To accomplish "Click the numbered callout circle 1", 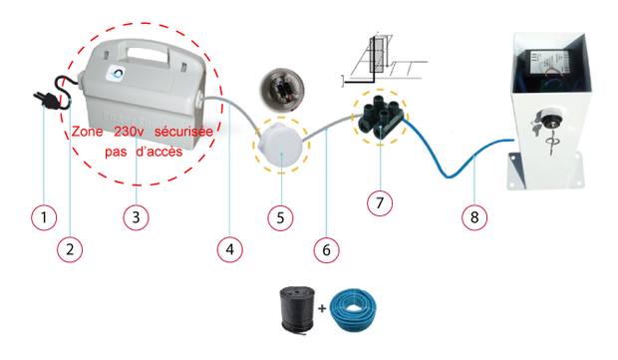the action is click(x=44, y=217).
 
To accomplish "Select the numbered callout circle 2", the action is click(x=70, y=249).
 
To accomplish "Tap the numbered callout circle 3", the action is click(x=136, y=217).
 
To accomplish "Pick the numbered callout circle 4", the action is click(x=230, y=249).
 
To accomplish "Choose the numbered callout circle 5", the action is click(x=280, y=217).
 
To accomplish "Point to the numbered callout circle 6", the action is click(x=326, y=250).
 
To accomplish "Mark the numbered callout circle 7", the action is click(x=380, y=203).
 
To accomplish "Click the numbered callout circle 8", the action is click(x=474, y=217).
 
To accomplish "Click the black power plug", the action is click(x=46, y=100).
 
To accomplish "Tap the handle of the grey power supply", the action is click(x=146, y=54).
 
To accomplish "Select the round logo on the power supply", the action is click(x=117, y=74).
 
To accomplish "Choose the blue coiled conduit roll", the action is click(x=353, y=310).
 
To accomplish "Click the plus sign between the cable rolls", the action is click(x=322, y=308).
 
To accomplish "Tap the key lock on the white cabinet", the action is click(x=546, y=119).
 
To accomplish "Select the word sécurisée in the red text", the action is click(x=183, y=131).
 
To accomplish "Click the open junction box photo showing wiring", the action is click(x=281, y=90).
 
